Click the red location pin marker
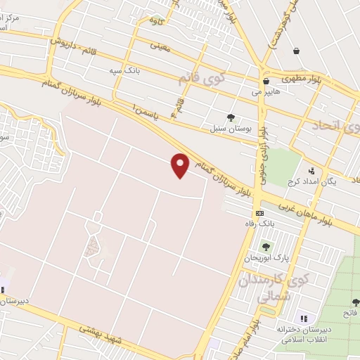click(181, 165)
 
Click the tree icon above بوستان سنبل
click(231, 117)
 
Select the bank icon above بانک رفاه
click(259, 213)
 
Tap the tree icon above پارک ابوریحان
click(266, 247)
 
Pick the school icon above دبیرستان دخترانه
click(304, 319)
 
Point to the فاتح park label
click(349, 311)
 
